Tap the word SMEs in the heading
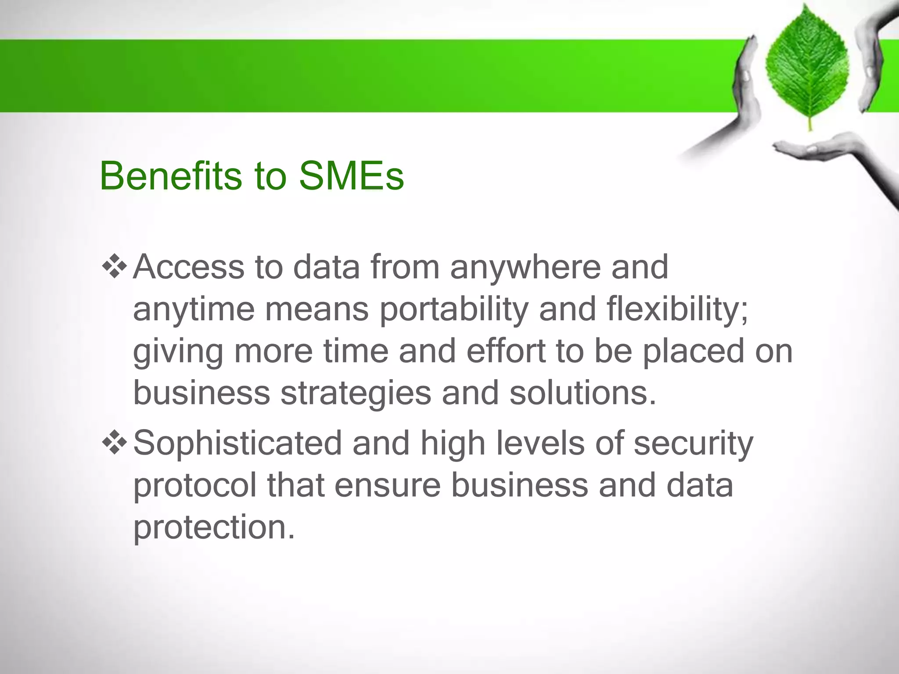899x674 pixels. [351, 176]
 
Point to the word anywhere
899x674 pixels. [525, 268]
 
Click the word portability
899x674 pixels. [454, 310]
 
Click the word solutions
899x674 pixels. [583, 393]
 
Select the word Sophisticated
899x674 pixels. [237, 444]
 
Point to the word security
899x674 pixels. [694, 444]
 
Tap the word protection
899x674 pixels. [214, 527]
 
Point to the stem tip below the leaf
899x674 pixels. [810, 128]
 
